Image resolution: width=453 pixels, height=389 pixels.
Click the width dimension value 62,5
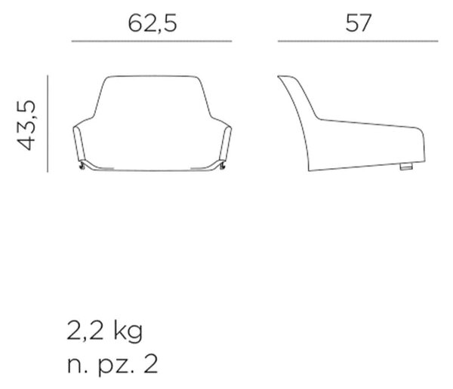(x=152, y=23)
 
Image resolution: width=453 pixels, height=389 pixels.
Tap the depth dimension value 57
(x=358, y=23)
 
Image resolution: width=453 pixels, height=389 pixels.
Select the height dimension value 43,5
(x=26, y=125)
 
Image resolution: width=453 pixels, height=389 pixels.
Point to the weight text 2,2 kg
(x=105, y=331)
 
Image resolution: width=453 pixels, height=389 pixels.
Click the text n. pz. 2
(x=112, y=365)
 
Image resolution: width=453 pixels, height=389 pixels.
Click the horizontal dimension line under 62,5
(x=152, y=41)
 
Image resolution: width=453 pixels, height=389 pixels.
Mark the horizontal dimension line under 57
(x=358, y=41)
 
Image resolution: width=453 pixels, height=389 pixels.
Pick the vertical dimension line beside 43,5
(x=48, y=124)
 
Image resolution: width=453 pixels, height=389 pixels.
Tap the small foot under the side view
(x=406, y=167)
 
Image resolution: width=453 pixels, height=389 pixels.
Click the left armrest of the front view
(x=78, y=142)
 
